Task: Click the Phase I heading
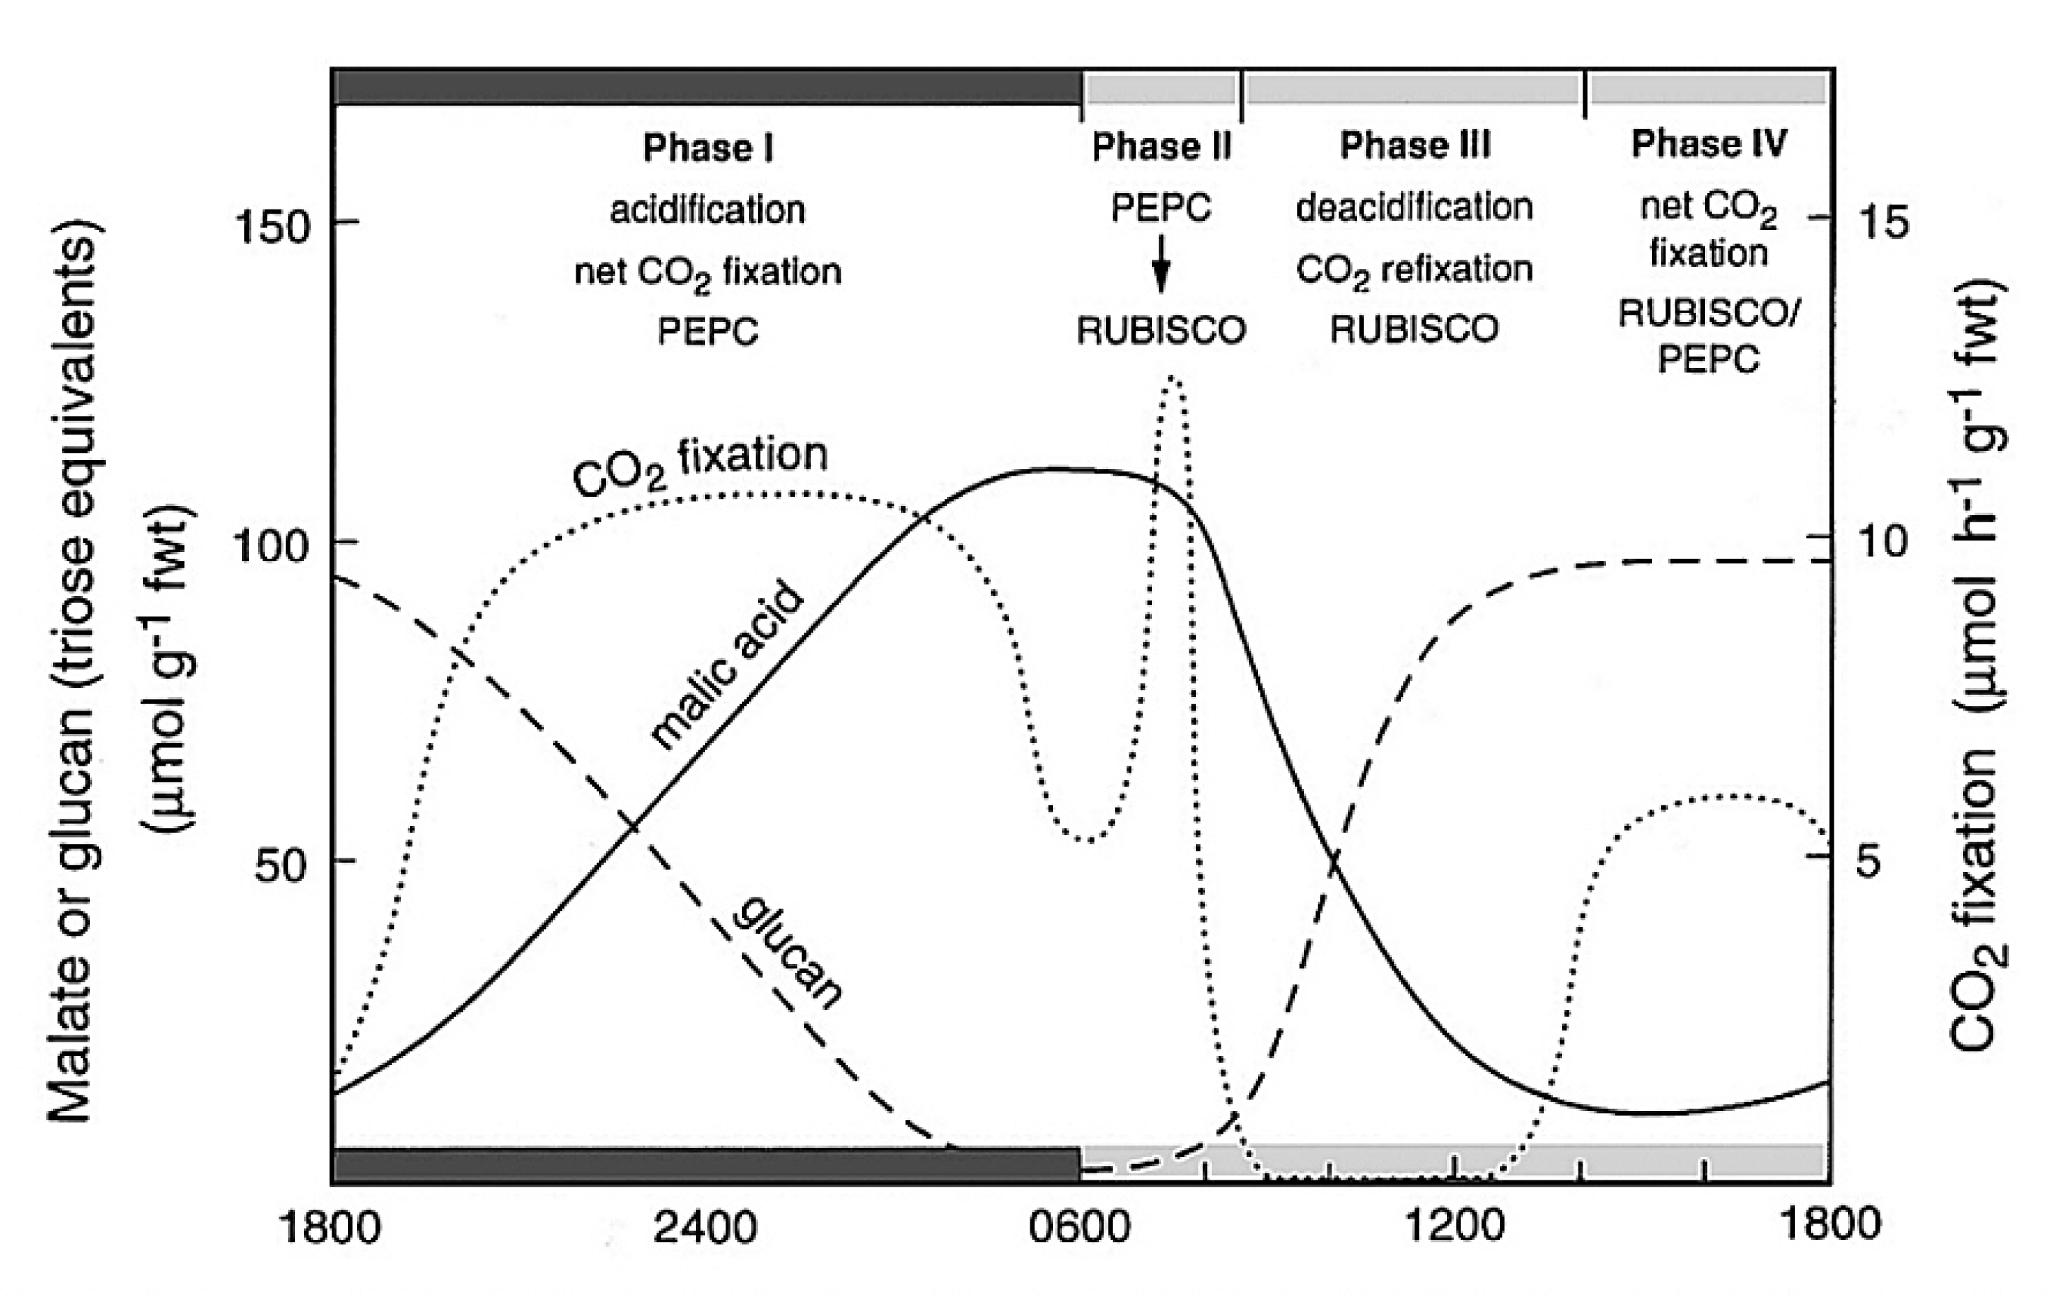(707, 148)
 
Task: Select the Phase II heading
(1161, 147)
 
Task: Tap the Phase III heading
(1414, 146)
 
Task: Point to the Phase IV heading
(1709, 144)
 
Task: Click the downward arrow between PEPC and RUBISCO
(1161, 265)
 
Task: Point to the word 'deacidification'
(1414, 207)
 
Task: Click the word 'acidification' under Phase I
(707, 209)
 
